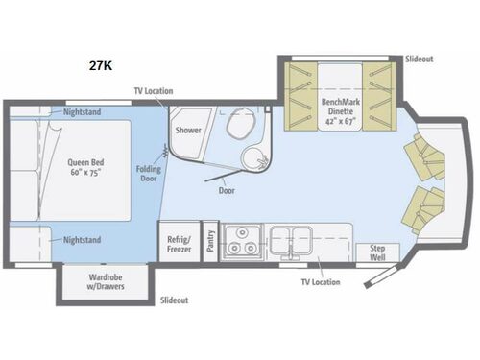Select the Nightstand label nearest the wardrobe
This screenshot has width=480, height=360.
[x=83, y=240]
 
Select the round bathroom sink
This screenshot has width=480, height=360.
[x=256, y=159]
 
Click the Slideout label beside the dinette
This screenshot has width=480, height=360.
[x=419, y=60]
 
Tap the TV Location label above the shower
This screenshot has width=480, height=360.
[x=153, y=91]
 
